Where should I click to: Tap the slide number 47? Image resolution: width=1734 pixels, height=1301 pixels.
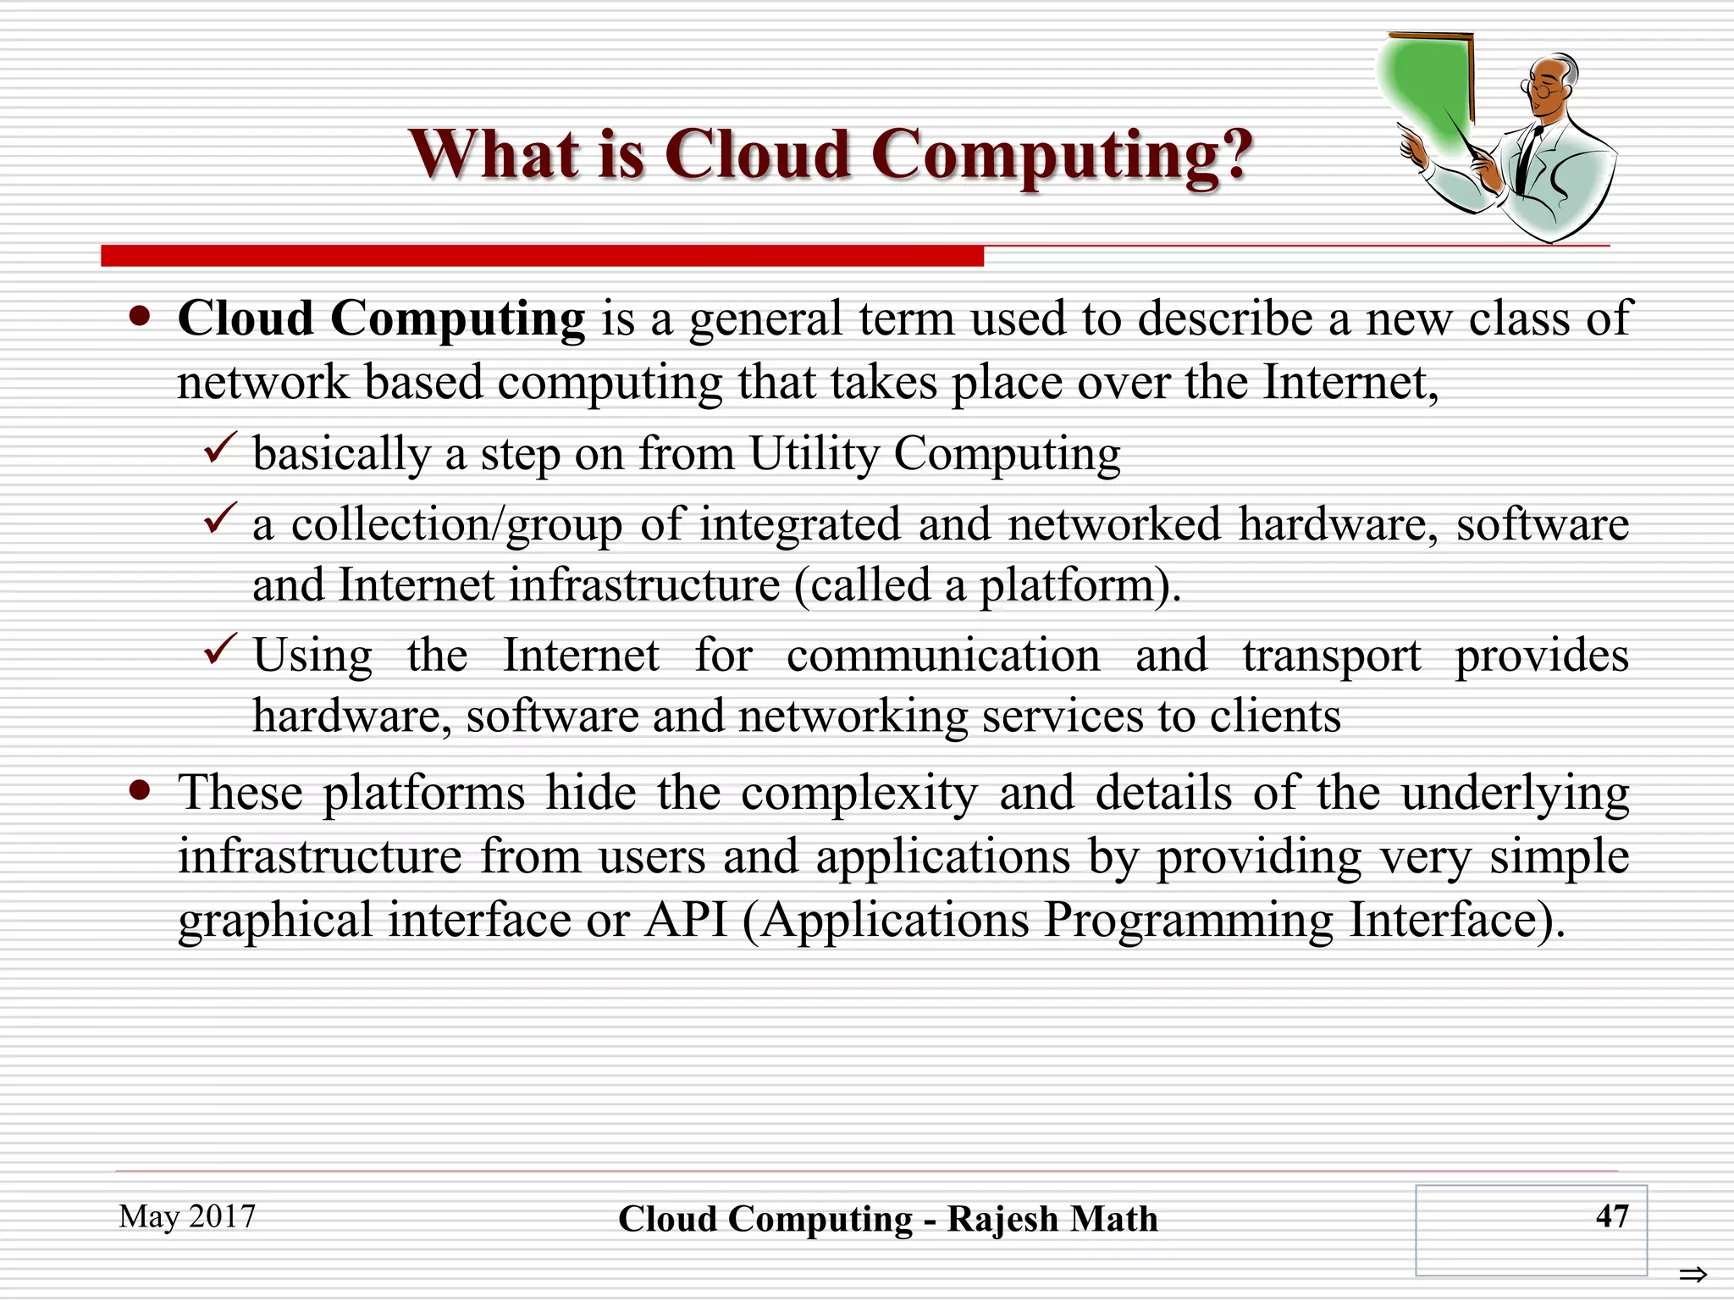tap(1611, 1216)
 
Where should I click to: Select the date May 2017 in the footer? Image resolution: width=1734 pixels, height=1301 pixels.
tap(187, 1216)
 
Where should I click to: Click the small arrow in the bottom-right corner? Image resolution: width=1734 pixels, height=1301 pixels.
tap(1693, 1274)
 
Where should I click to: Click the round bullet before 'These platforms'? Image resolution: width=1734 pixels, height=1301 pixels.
tap(140, 791)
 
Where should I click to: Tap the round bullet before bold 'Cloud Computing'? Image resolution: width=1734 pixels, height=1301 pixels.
tap(140, 318)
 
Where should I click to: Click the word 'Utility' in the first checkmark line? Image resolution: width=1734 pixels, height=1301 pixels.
tap(814, 453)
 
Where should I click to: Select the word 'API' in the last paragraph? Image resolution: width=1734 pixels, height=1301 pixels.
tap(686, 919)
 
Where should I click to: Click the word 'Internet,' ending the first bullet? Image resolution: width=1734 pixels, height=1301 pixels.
tap(1350, 382)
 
